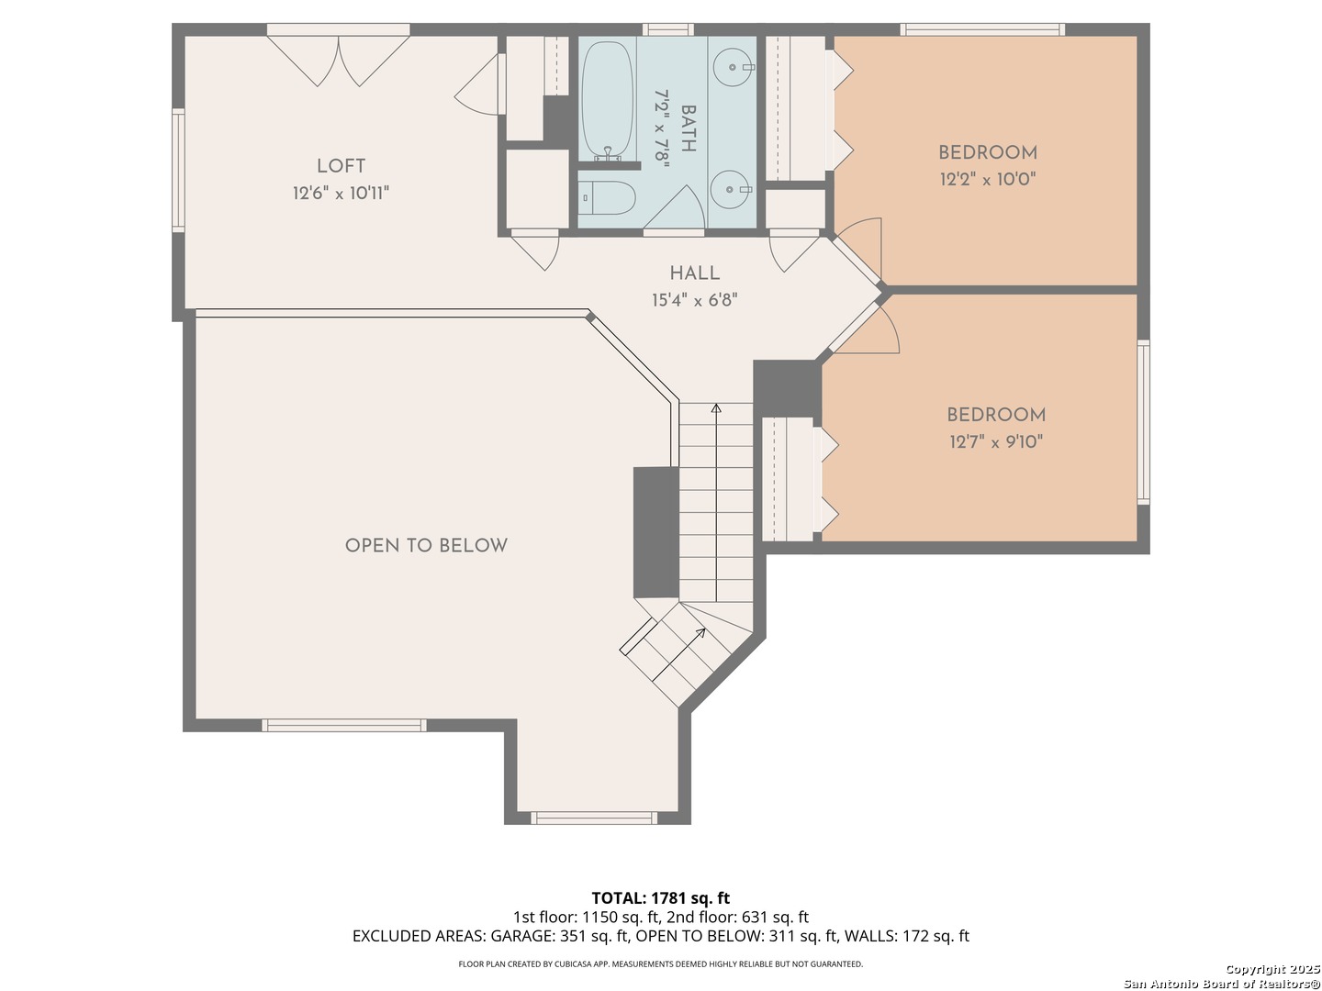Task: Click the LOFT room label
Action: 341,165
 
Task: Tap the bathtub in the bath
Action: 608,100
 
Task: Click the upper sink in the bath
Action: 733,67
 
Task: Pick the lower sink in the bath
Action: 731,190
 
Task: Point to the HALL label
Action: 694,273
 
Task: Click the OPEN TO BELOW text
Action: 426,546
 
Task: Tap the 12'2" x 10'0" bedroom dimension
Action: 988,179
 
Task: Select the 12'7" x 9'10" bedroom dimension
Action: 995,442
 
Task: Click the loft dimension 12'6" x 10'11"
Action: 341,193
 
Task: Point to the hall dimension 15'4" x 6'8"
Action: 694,300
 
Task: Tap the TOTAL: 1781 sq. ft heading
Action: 661,897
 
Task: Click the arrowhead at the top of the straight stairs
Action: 715,408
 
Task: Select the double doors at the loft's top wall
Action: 339,61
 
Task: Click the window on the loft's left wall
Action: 178,171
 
